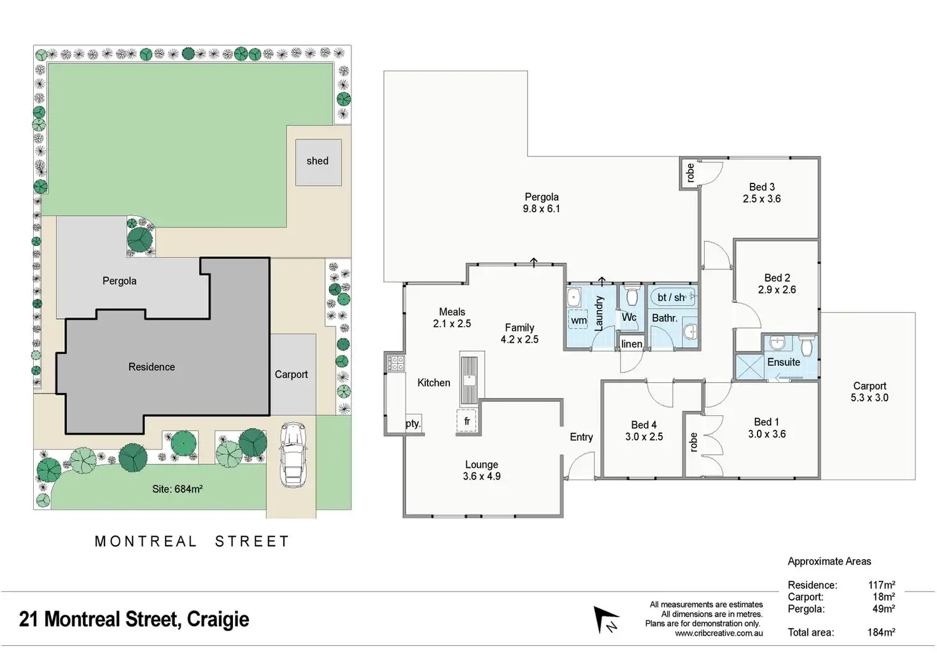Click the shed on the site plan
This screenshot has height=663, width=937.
[x=318, y=162]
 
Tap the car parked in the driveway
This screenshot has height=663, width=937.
[x=293, y=455]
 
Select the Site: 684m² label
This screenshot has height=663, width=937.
[x=178, y=489]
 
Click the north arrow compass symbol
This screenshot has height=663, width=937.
[x=606, y=620]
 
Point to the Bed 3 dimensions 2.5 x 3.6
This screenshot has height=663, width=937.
[x=762, y=199]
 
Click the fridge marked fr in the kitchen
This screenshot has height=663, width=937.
[x=467, y=421]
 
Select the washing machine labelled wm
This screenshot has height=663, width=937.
[x=579, y=320]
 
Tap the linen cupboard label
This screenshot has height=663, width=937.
[x=631, y=344]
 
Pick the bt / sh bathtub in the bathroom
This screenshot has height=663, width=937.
[x=673, y=297]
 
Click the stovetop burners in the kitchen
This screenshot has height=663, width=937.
[x=396, y=363]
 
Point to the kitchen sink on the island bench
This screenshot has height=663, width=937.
[x=469, y=381]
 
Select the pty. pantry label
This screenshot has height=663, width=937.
[x=413, y=423]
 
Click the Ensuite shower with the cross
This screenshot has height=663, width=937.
[x=750, y=367]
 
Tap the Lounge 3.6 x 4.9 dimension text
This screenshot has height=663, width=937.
[x=481, y=476]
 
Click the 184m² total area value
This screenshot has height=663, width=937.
[x=882, y=632]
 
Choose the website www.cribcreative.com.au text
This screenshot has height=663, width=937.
[x=719, y=633]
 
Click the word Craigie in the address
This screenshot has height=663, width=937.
[x=218, y=620]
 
